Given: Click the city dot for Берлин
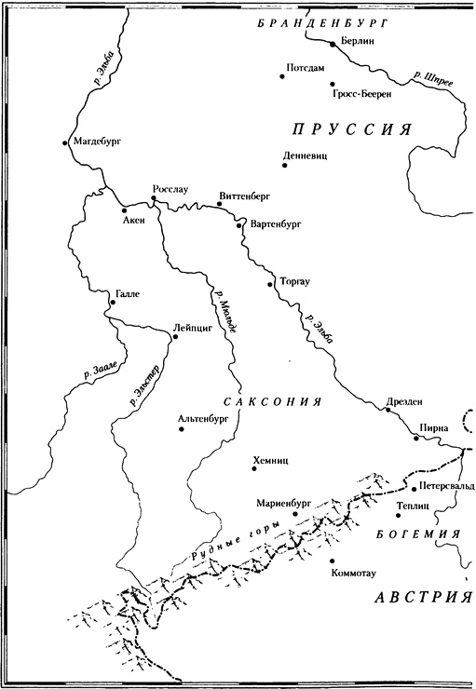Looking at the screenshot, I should click(331, 44).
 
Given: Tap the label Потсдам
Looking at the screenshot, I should click(308, 69).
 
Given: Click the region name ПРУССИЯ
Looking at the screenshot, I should click(349, 130).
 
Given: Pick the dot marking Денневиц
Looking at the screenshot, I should click(284, 166).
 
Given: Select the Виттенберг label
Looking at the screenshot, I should click(248, 197).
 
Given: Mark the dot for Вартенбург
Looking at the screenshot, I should click(242, 224).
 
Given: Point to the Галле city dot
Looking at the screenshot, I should click(112, 303).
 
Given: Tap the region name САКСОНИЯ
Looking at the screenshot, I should click(271, 400).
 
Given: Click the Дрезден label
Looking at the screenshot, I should click(403, 402).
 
